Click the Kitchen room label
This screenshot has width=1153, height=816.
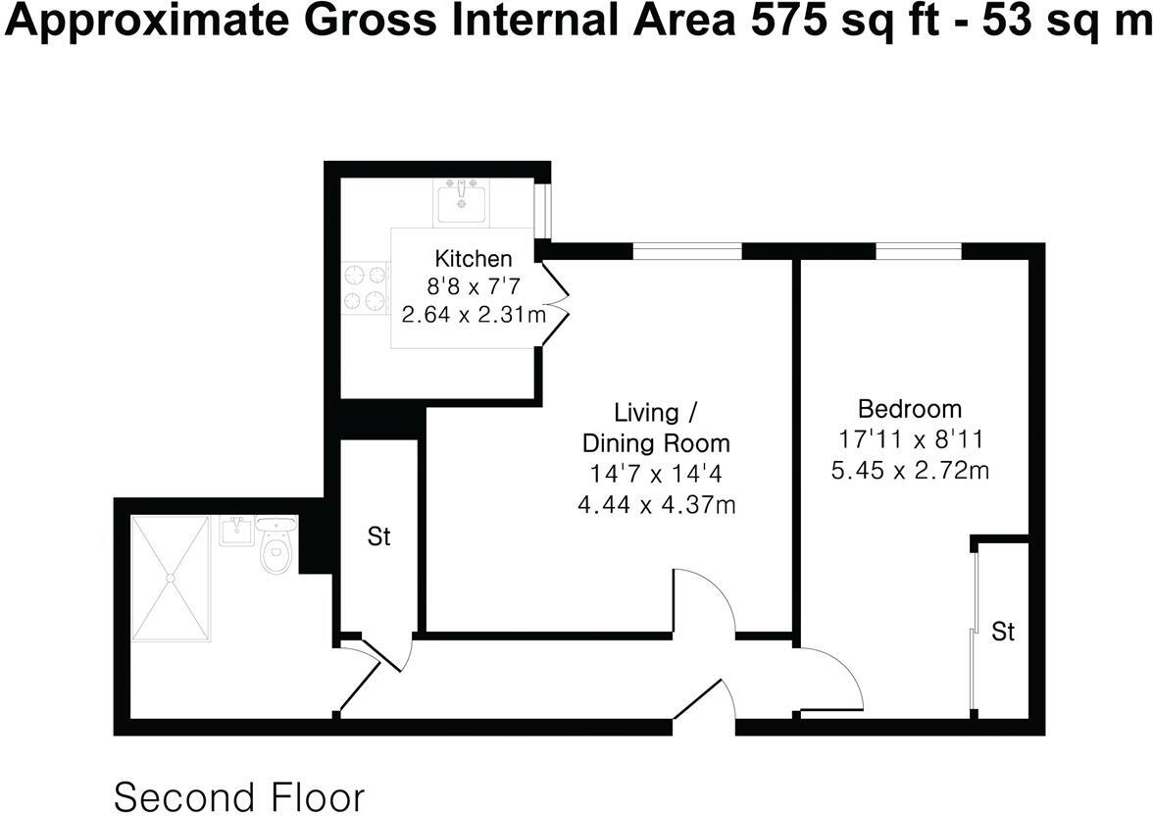(473, 259)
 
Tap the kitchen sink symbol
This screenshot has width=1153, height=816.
(462, 202)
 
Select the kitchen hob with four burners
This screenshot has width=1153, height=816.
(366, 288)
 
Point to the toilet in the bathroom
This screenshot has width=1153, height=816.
(276, 548)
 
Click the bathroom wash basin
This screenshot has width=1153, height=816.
(236, 531)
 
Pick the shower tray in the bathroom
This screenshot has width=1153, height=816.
(171, 579)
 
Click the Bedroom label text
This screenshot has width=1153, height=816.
(909, 408)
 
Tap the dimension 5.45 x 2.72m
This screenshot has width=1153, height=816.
(909, 470)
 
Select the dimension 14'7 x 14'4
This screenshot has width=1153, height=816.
(657, 475)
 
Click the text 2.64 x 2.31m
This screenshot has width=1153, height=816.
(474, 315)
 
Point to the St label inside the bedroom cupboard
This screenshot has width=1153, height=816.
(1002, 633)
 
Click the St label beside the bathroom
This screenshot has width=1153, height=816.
(378, 537)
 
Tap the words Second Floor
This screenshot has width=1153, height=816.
(239, 795)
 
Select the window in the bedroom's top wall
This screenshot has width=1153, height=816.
(918, 252)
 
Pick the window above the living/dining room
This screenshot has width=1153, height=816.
(686, 252)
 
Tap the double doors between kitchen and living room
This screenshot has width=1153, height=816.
(554, 305)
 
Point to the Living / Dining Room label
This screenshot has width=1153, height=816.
(657, 426)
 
